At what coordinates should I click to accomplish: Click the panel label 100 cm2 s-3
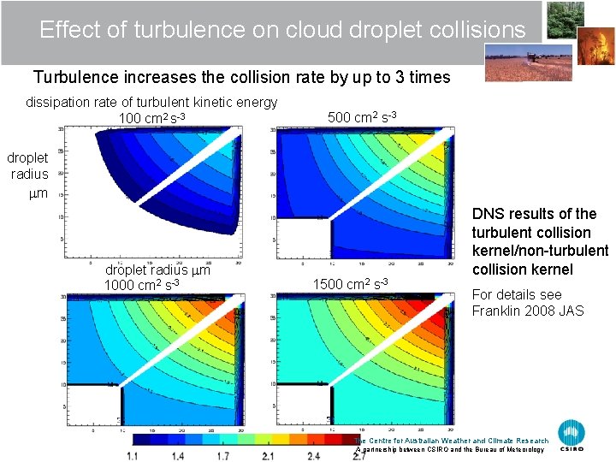pos(152,118)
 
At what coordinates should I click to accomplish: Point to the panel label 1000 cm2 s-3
pos(141,285)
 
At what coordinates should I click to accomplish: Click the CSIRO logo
pos(572,435)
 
